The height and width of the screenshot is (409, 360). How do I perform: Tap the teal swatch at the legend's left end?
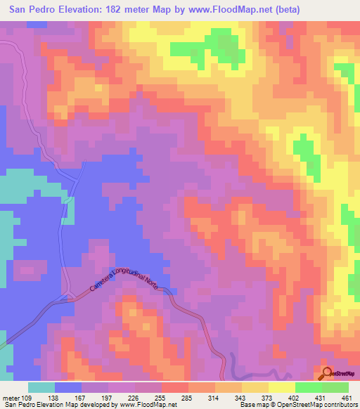click(x=41, y=387)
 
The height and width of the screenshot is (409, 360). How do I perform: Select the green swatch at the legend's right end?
click(x=335, y=387)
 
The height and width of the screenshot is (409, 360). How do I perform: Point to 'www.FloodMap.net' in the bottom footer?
click(x=148, y=405)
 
